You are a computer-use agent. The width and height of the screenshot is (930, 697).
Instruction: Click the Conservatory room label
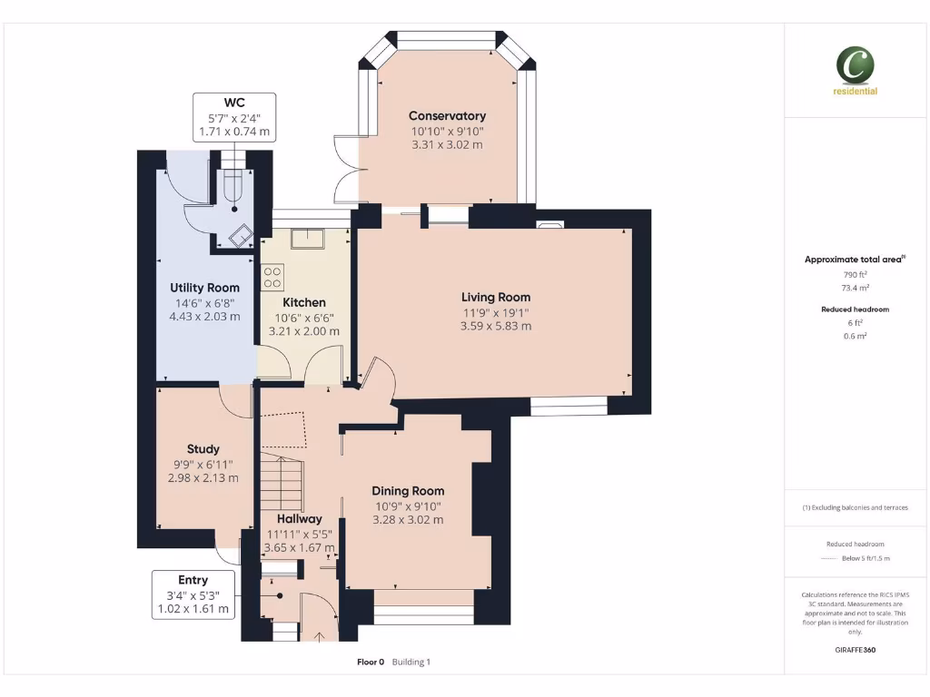tap(447, 116)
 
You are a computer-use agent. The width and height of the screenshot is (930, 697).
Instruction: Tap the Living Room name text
tap(495, 297)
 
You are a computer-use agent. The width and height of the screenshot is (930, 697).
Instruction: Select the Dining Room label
tap(408, 491)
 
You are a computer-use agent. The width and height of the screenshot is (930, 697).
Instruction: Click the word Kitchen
tap(303, 302)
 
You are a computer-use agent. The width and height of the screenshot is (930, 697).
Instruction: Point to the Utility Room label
tap(204, 288)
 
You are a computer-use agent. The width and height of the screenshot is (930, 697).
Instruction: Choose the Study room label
tap(203, 448)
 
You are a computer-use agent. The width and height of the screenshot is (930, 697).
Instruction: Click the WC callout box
tap(234, 117)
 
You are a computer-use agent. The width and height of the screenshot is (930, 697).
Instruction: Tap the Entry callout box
tap(193, 594)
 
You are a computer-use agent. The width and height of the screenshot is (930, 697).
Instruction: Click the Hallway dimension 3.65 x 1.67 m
tap(299, 548)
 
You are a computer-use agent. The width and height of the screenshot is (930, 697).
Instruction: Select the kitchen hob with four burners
tap(272, 277)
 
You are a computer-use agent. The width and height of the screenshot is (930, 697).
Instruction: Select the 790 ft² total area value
tap(855, 274)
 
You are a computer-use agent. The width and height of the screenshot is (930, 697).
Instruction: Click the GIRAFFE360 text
tap(855, 650)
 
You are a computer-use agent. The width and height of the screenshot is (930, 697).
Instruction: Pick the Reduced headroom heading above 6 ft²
tap(855, 309)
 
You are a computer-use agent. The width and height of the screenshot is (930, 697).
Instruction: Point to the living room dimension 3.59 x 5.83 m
tap(495, 326)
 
